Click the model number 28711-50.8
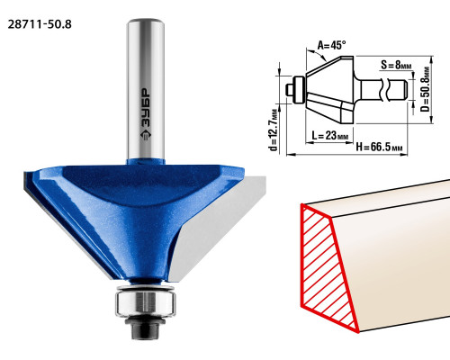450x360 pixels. pos(40,24)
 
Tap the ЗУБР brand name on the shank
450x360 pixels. pos(146,108)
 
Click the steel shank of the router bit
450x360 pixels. pos(146,89)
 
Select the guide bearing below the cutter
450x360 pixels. pos(146,302)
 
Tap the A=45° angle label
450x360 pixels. pos(331,45)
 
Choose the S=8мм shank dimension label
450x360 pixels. pos(396,65)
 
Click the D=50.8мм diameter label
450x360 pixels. pos(425,89)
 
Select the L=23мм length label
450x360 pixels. pos(330,136)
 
